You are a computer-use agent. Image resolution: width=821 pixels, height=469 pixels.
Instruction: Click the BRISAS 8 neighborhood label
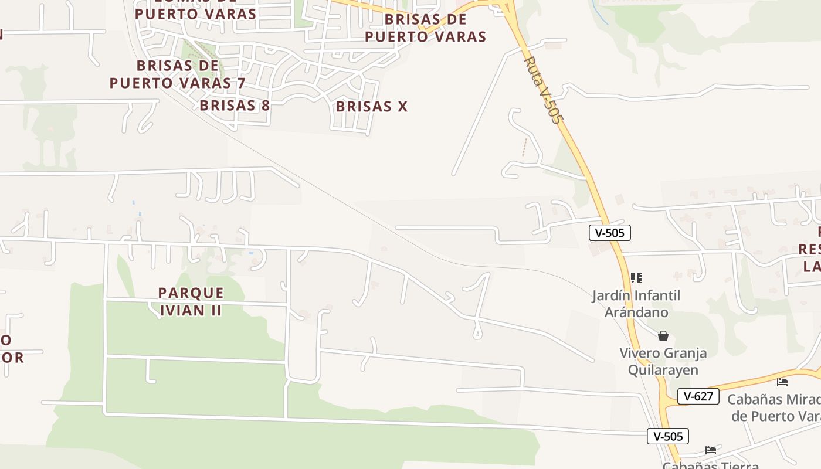(x=235, y=106)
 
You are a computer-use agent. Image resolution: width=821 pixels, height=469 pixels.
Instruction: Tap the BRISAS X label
(x=371, y=107)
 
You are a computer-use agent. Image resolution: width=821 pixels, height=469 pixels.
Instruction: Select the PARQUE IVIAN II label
(x=191, y=301)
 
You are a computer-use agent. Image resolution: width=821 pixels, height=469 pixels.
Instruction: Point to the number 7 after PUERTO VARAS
(x=240, y=83)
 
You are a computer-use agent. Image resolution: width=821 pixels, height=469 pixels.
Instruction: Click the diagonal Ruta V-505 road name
(x=542, y=89)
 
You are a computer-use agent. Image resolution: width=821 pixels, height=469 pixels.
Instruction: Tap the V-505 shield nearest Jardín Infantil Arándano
(x=609, y=233)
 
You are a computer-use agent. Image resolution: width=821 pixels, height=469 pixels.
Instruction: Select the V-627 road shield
(x=698, y=396)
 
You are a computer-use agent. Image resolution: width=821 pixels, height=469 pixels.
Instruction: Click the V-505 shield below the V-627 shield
(x=668, y=436)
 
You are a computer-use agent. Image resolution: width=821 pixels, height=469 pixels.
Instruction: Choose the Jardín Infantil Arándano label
(x=636, y=303)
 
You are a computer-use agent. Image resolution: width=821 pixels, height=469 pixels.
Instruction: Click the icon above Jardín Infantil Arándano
(x=636, y=277)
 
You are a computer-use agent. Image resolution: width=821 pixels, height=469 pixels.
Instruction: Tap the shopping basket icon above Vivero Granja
(x=663, y=336)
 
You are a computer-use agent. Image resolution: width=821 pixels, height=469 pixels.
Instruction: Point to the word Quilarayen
(x=663, y=371)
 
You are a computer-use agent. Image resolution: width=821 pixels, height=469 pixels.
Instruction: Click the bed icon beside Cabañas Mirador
(x=782, y=382)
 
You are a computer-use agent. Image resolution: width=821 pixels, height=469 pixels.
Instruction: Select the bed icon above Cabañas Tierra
(x=711, y=450)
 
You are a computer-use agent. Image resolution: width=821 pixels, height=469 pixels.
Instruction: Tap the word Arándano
(x=636, y=312)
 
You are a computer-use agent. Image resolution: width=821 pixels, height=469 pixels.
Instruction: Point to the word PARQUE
(x=191, y=293)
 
